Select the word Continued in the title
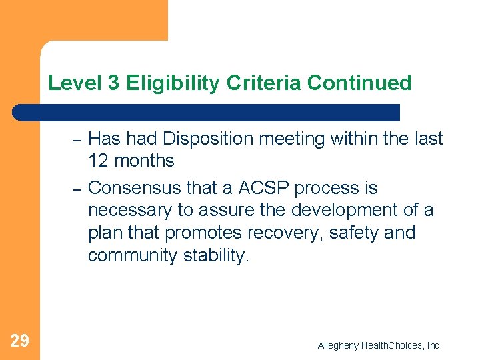(x=361, y=83)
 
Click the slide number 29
(x=20, y=341)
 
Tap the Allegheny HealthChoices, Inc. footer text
(x=379, y=345)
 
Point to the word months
(x=143, y=161)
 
